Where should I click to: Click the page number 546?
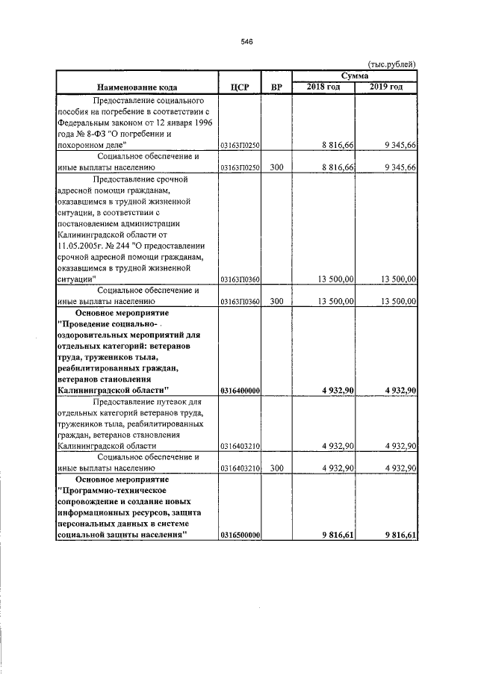[248, 42]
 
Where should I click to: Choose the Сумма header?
[355, 76]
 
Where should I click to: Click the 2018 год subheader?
[323, 88]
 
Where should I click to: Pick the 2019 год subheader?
[386, 88]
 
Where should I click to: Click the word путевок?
[158, 402]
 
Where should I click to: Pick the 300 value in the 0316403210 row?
[276, 468]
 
